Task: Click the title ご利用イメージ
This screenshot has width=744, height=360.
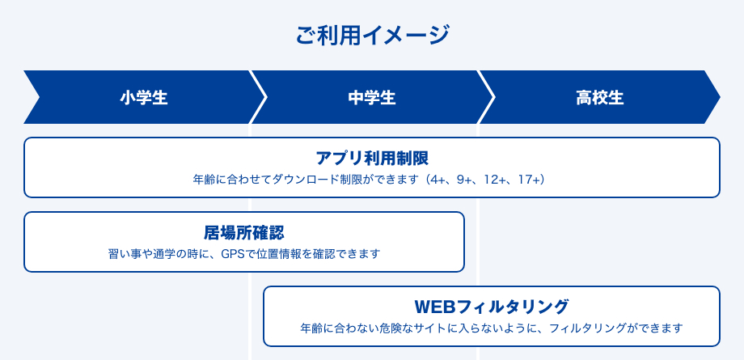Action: point(372,36)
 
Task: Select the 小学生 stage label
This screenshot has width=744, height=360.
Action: point(144,98)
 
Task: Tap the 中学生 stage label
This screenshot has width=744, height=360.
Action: point(371,98)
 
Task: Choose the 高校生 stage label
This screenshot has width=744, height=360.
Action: point(600,98)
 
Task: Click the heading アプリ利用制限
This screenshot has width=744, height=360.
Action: point(372,158)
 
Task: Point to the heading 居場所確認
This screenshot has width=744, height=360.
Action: point(244,232)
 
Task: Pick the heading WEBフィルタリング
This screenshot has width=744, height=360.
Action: point(491,307)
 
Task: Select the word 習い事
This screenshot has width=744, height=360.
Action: point(125,254)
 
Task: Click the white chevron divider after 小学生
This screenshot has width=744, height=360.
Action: point(259,97)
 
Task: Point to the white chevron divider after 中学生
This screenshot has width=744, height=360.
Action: point(487,97)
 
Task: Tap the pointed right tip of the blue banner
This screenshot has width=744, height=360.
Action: point(719,97)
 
